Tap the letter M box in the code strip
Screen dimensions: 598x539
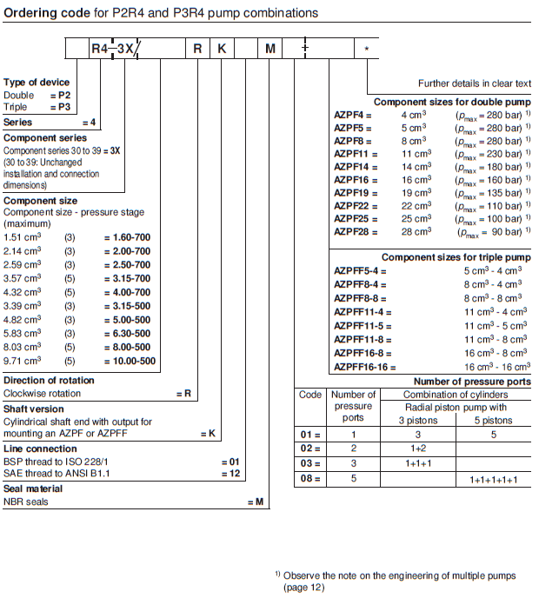point(270,50)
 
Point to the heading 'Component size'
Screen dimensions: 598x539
point(40,201)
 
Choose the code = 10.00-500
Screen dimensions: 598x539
point(130,361)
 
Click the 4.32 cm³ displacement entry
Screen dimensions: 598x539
point(20,292)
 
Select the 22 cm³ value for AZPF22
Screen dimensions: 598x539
point(416,206)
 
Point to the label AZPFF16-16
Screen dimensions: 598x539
point(364,368)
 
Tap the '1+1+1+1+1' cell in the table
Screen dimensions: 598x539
point(494,480)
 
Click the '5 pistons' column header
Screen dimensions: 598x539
point(494,421)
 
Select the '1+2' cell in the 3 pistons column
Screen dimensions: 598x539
point(417,448)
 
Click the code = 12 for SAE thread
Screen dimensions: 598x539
point(230,473)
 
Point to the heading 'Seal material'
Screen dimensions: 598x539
point(33,488)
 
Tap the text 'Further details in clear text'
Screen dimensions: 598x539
point(474,83)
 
